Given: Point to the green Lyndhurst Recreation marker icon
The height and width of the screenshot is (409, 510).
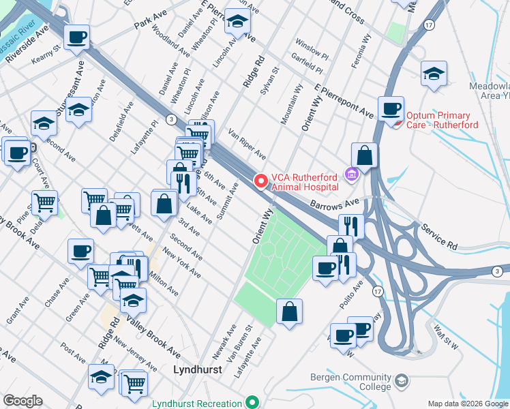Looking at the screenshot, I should pyautogui.click(x=252, y=403).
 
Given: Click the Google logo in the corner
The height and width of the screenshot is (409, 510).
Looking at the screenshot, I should pyautogui.click(x=22, y=401).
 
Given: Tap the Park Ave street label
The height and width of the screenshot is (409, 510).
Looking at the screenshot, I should pyautogui.click(x=151, y=25).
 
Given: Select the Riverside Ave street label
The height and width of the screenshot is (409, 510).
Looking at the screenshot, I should pyautogui.click(x=28, y=45).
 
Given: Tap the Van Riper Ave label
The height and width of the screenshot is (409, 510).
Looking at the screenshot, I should pyautogui.click(x=246, y=145).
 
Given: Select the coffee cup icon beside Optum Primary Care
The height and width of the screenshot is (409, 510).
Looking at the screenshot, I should pyautogui.click(x=391, y=108).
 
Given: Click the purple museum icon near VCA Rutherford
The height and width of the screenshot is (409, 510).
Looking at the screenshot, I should pyautogui.click(x=351, y=175).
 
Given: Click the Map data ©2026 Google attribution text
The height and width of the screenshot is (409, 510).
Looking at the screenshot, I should pyautogui.click(x=467, y=403).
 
